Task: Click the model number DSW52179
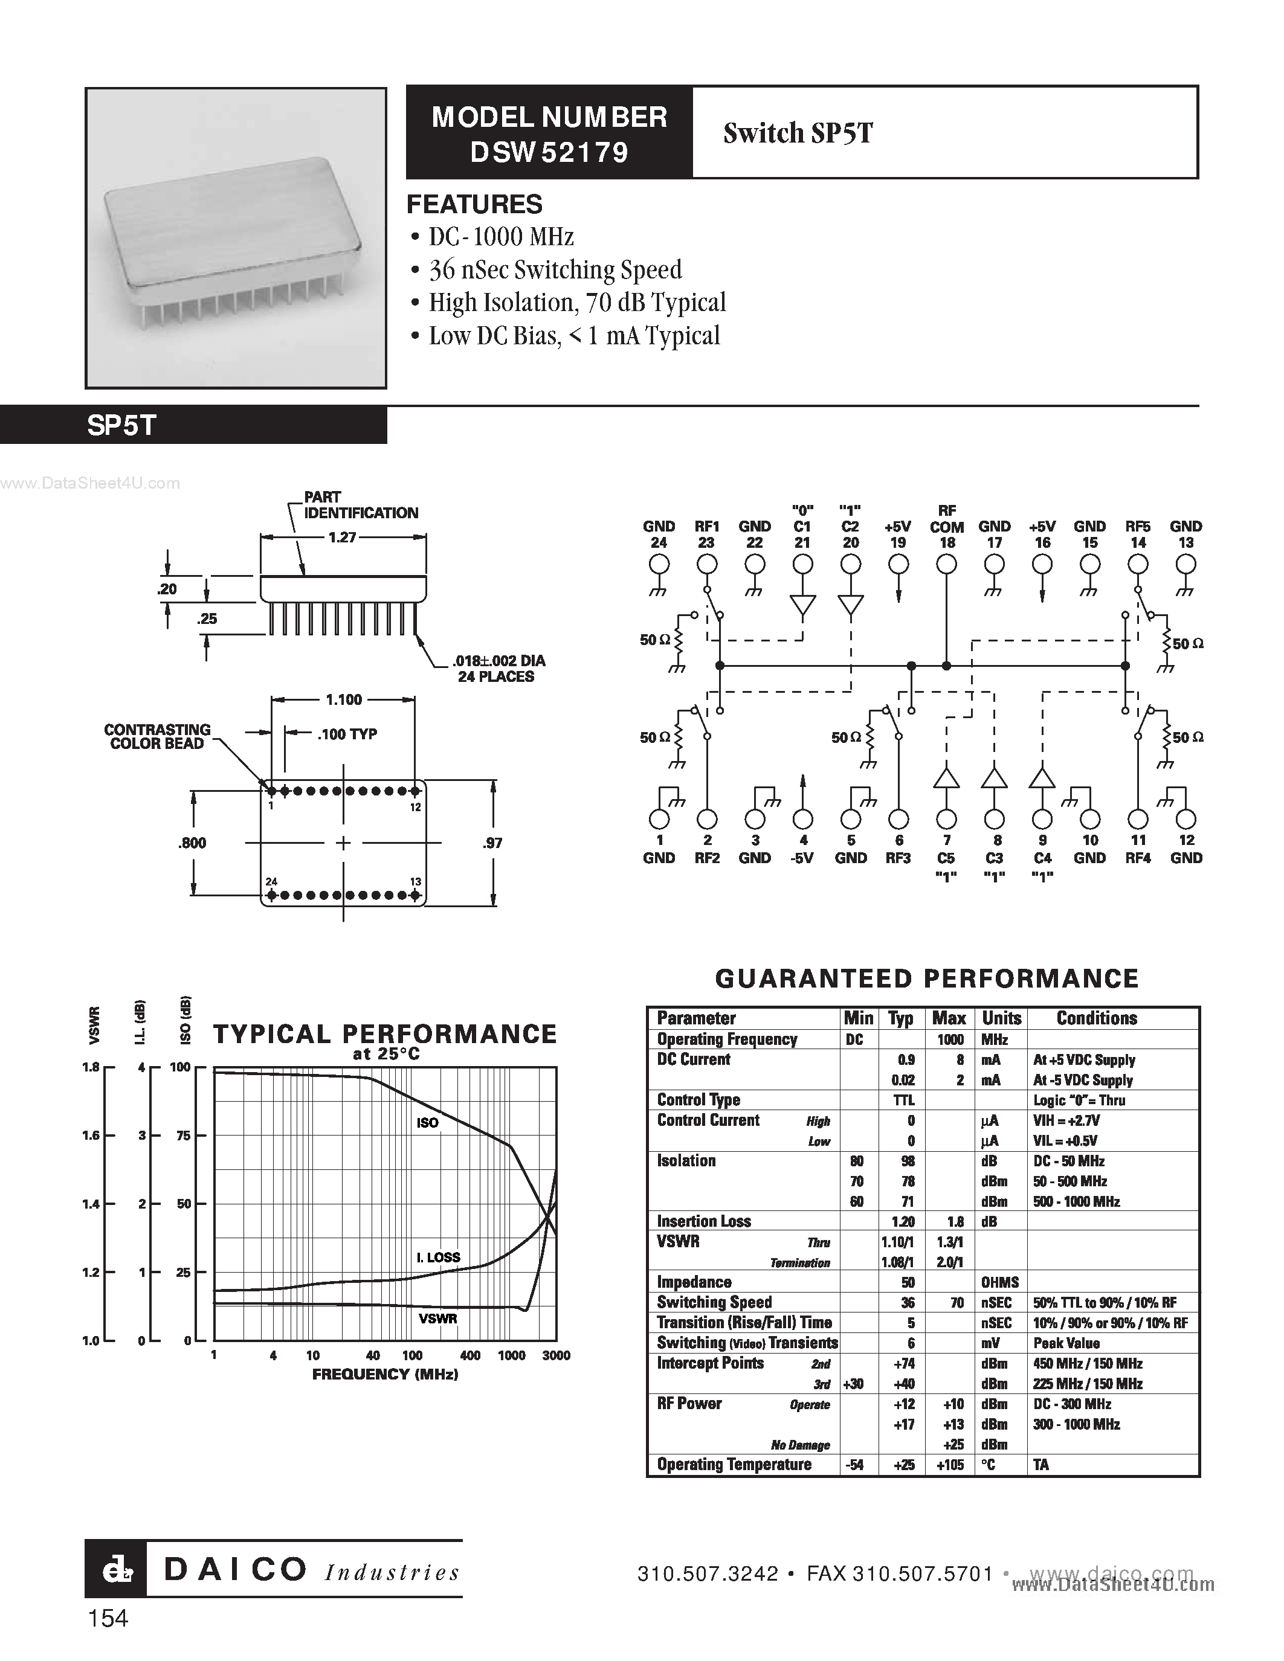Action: click(549, 153)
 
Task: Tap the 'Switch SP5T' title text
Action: click(798, 133)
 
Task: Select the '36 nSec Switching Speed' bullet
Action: click(555, 270)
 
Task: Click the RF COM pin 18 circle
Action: click(946, 564)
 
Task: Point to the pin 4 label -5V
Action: click(802, 858)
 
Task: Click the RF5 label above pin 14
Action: click(1138, 526)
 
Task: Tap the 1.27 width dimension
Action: click(342, 537)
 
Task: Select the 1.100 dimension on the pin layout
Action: click(344, 699)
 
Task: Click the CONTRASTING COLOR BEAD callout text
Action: click(158, 736)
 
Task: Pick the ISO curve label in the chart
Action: click(427, 1123)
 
